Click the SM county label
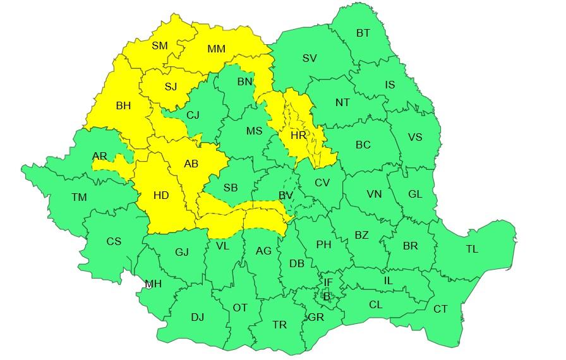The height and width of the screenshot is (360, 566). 159,45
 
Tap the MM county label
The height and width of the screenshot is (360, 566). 217,49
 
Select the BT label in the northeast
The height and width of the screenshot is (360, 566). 363,33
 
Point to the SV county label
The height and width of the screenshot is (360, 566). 310,59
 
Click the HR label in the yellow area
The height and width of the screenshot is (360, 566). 298,135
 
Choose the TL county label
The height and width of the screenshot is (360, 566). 472,249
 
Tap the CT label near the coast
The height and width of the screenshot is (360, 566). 440,309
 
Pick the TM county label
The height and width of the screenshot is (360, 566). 79,198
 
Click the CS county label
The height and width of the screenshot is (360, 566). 114,241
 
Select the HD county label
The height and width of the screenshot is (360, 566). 161,196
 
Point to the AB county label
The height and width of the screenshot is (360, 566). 191,164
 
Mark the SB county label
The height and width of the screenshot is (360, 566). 231,188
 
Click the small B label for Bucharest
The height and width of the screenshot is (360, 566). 327,294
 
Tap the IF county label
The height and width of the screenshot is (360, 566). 328,282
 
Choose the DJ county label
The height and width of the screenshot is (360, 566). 197,317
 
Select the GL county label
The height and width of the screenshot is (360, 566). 415,195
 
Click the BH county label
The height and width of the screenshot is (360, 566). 123,106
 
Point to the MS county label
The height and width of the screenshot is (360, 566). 254,131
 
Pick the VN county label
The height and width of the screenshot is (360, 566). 374,195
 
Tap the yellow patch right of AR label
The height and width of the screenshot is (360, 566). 114,165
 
